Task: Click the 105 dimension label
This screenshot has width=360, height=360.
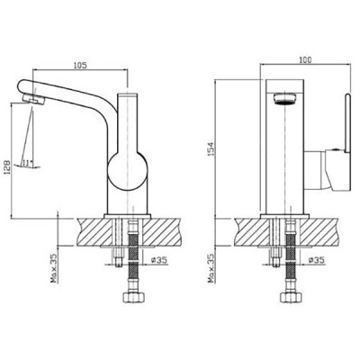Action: (80, 65)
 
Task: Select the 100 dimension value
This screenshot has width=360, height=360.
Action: (305, 59)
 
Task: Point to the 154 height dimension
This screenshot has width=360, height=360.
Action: (211, 148)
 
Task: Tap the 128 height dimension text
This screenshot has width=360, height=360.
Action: (7, 166)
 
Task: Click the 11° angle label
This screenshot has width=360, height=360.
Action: (28, 163)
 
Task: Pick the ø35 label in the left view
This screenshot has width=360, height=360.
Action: (159, 260)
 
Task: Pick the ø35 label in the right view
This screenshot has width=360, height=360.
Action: (317, 260)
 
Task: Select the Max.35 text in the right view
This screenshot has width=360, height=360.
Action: (211, 268)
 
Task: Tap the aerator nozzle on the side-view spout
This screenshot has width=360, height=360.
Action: (33, 99)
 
